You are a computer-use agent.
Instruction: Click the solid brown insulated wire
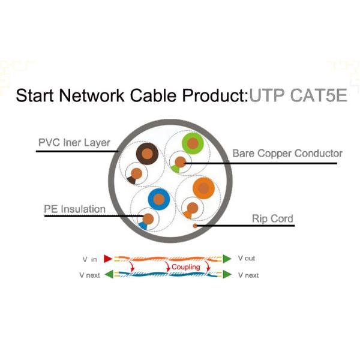pos(146,154)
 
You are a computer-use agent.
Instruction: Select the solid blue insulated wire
pos(158,198)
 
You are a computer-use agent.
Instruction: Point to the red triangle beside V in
pos(108,259)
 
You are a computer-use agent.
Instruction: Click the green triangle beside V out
pos(227,259)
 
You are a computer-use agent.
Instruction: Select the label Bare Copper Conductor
pos(287,154)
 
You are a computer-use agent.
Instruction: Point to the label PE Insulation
pos(74,209)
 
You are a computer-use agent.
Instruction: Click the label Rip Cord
pos(273,218)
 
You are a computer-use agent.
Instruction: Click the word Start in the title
pos(38,95)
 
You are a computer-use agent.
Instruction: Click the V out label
pos(247,259)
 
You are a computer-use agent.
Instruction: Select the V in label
pos(89,259)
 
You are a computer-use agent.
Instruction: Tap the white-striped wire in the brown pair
pos(136,174)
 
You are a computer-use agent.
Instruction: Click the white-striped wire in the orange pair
pos(191,210)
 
